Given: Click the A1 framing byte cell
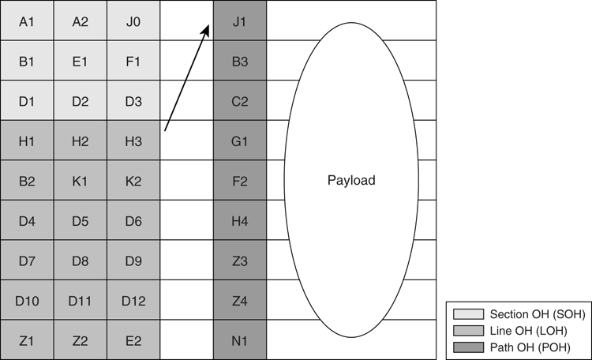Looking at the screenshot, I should tap(27, 21).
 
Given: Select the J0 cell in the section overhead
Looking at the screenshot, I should tap(133, 21).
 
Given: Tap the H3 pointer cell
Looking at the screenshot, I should tap(133, 141).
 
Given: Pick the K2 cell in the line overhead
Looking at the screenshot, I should tap(133, 181).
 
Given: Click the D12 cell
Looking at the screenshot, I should tap(133, 300).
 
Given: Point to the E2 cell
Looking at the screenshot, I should tap(133, 340).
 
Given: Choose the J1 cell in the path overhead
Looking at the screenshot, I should tap(240, 21).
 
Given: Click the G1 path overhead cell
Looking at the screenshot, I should tap(240, 141).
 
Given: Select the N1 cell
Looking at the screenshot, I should tap(240, 340).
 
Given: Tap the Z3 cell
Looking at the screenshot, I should tap(240, 261).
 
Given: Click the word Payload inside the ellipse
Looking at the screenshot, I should tap(351, 181).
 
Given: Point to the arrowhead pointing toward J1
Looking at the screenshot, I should tap(206, 30).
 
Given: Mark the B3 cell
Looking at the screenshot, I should tap(240, 61).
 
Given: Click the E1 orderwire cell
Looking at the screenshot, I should tap(81, 61).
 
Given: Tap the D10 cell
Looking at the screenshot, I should tap(27, 300).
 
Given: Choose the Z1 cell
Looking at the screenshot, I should tap(27, 340).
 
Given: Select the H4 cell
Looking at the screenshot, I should tap(240, 220).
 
